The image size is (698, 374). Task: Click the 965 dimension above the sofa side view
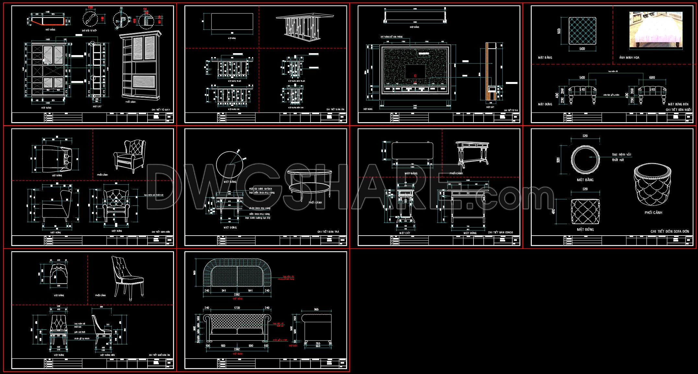coord(316,310)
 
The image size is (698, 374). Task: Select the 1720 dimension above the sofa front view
coord(237,308)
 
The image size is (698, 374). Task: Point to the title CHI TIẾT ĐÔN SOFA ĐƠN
coord(670,231)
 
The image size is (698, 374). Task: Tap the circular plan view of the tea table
coord(229,164)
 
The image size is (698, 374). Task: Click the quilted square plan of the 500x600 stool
coord(582,31)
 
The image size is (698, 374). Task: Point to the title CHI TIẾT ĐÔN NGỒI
coord(679,110)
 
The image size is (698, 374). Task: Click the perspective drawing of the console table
coord(472,154)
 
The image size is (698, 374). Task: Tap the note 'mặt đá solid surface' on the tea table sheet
coord(261,189)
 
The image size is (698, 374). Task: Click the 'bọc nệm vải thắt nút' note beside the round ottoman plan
coord(621,157)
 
